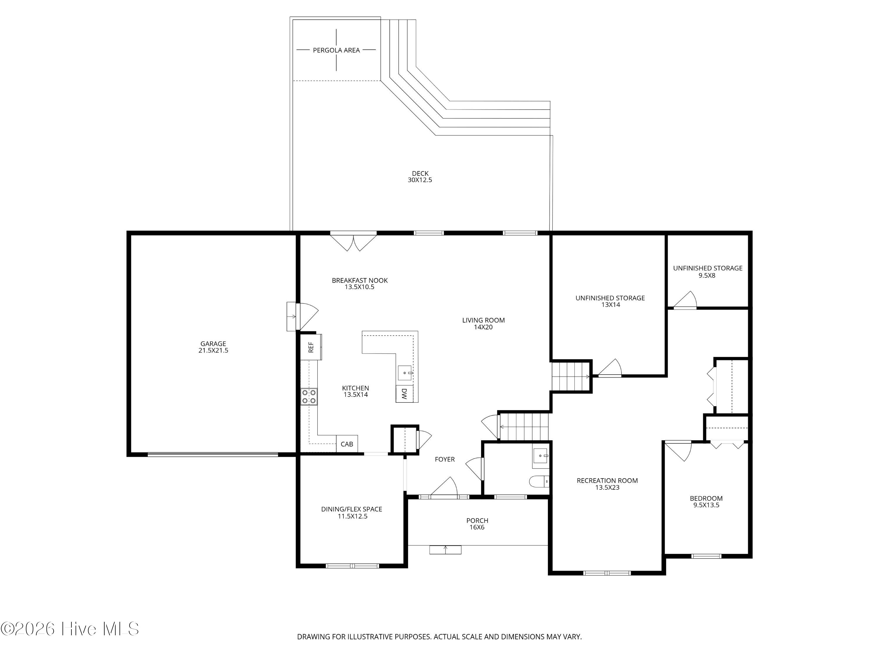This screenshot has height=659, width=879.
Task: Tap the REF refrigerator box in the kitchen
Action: [311, 347]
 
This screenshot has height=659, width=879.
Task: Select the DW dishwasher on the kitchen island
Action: [404, 394]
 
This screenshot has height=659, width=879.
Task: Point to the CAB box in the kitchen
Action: [347, 444]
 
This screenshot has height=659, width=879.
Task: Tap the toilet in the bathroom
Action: [539, 482]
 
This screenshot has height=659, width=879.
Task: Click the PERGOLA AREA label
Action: [336, 50]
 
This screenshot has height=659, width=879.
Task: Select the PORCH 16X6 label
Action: [477, 524]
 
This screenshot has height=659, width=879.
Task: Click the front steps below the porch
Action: [445, 549]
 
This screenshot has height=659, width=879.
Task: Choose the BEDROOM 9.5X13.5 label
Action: [706, 502]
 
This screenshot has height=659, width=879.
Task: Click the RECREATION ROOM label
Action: [607, 481]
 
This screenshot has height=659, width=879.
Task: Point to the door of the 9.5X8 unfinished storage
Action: [685, 300]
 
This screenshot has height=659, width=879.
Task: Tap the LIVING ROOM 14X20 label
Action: [483, 323]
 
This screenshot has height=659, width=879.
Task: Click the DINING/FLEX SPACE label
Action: [352, 509]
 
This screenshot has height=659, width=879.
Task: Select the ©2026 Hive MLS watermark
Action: [70, 629]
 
